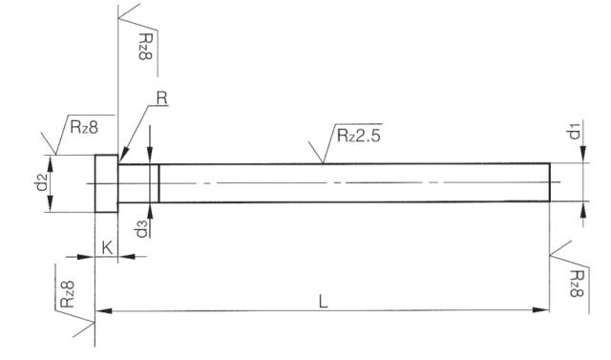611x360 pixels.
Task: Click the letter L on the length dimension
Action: click(324, 300)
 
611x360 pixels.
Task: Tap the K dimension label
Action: click(107, 246)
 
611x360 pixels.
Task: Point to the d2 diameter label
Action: click(41, 181)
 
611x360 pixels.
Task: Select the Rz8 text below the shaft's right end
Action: click(573, 283)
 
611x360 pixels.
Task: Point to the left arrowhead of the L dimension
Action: click(98, 310)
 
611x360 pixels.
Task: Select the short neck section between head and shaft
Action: click(139, 182)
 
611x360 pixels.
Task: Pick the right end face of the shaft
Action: click(551, 182)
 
